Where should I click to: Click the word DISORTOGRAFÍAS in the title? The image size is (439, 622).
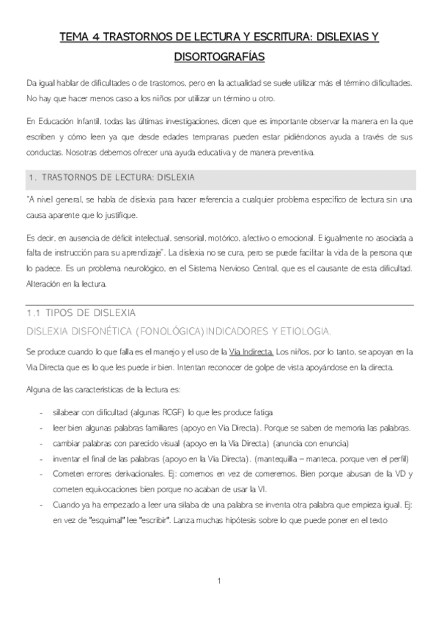219,56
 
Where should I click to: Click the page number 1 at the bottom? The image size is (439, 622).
219,582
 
